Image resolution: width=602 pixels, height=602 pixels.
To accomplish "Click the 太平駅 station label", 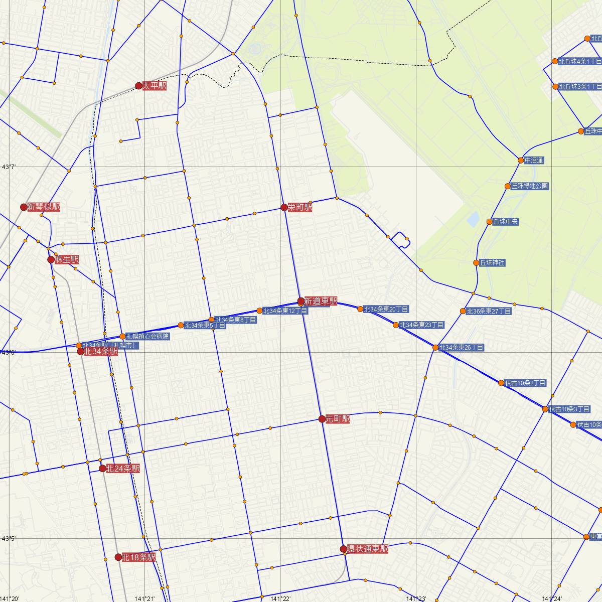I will point(154,86).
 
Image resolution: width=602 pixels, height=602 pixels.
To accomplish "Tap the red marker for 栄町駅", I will point(284,207).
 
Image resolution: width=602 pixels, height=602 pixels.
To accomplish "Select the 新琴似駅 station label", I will point(44,207).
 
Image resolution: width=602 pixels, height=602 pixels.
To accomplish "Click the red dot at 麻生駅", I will point(51,259).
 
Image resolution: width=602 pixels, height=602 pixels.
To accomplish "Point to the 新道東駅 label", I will point(321,301).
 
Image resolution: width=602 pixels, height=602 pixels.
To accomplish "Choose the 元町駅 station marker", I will point(322,419).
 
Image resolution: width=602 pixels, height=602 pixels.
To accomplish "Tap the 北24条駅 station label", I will point(123,469).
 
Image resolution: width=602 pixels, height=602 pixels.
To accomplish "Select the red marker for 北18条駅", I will point(118,557).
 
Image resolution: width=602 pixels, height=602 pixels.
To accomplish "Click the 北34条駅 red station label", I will point(101,352).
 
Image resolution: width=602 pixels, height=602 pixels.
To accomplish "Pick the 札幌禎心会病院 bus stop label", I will point(147,336).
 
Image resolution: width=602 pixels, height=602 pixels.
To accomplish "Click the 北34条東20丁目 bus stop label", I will point(386,309).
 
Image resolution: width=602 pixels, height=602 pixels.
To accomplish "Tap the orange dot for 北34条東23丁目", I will point(396,325).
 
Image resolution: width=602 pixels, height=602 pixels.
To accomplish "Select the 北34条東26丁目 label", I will point(462,347).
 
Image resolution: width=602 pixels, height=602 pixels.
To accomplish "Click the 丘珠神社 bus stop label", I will point(492,262).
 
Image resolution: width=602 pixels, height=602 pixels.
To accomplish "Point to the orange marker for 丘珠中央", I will point(490,222).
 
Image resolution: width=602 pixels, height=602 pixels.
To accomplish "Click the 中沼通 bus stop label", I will point(534,161).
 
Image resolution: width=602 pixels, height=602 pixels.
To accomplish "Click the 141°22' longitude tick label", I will point(280,598).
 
